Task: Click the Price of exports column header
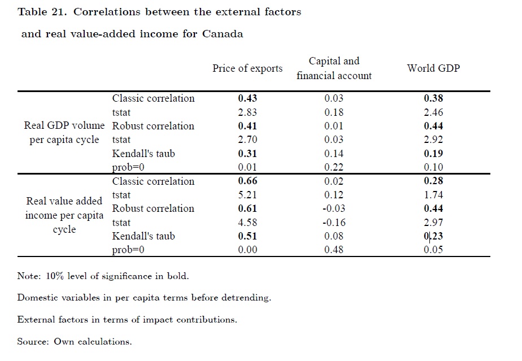[x=247, y=68]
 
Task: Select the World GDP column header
[x=433, y=68]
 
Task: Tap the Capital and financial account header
[x=334, y=68]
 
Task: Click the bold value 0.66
[x=247, y=181]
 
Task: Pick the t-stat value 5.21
[x=247, y=195]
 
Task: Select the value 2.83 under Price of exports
[x=247, y=112]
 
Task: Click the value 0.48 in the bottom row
[x=334, y=250]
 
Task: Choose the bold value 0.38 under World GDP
[x=433, y=98]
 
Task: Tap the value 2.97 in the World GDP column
[x=433, y=223]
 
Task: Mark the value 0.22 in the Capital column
[x=334, y=167]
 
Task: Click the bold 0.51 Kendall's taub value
[x=247, y=236]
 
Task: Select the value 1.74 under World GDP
[x=433, y=195]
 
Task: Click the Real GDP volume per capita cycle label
[x=64, y=133]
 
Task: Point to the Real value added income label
[x=64, y=215]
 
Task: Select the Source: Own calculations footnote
[x=75, y=342]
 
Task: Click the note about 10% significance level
[x=103, y=276]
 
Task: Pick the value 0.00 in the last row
[x=247, y=250]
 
